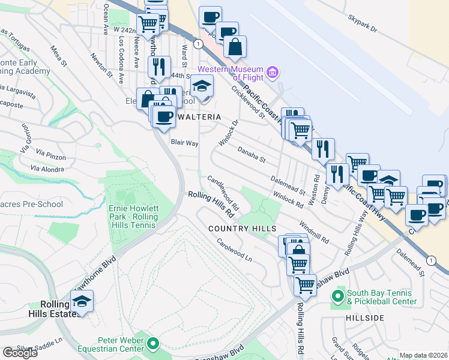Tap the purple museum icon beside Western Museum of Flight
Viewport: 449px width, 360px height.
point(273,73)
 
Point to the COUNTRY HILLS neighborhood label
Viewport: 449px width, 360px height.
point(242,229)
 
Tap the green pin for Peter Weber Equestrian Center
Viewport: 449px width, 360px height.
point(152,344)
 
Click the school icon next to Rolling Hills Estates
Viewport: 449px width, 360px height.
point(82,301)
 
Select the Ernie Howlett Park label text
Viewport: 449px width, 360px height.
point(133,217)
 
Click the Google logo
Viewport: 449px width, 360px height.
point(20,353)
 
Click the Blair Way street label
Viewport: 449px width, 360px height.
point(184,143)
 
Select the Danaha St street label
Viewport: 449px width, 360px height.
point(251,154)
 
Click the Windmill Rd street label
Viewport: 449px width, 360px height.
point(313,232)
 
